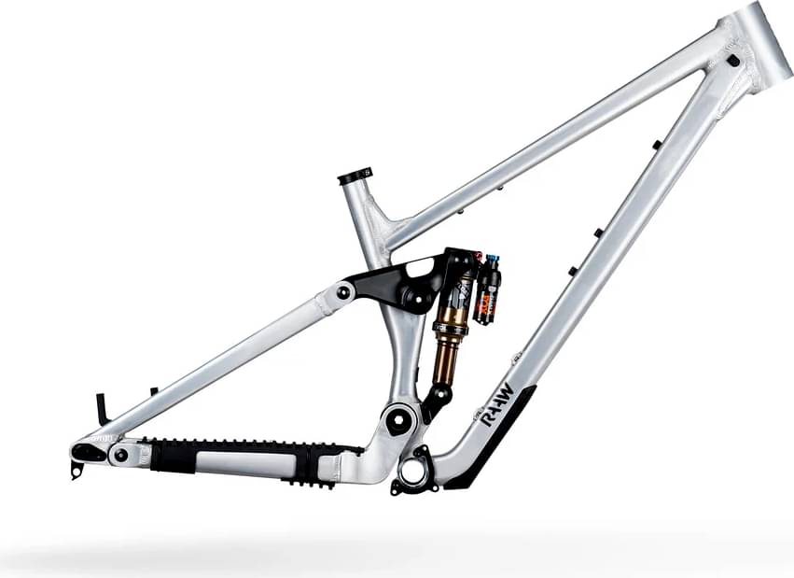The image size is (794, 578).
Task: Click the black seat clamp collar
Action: click(355, 176)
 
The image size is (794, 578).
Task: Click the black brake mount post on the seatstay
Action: click(101, 409)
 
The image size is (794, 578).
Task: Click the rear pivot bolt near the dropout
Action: click(120, 455)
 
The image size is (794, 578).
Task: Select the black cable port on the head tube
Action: click(732, 61)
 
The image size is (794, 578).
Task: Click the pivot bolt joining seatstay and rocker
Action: click(344, 292)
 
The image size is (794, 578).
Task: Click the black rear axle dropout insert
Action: click(89, 452)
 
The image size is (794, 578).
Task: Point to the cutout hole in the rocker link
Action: click(422, 270)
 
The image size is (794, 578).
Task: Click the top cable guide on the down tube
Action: click(657, 145)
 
